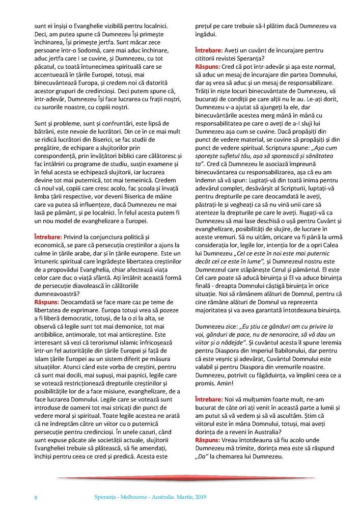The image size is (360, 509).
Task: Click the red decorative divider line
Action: point(180,477)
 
